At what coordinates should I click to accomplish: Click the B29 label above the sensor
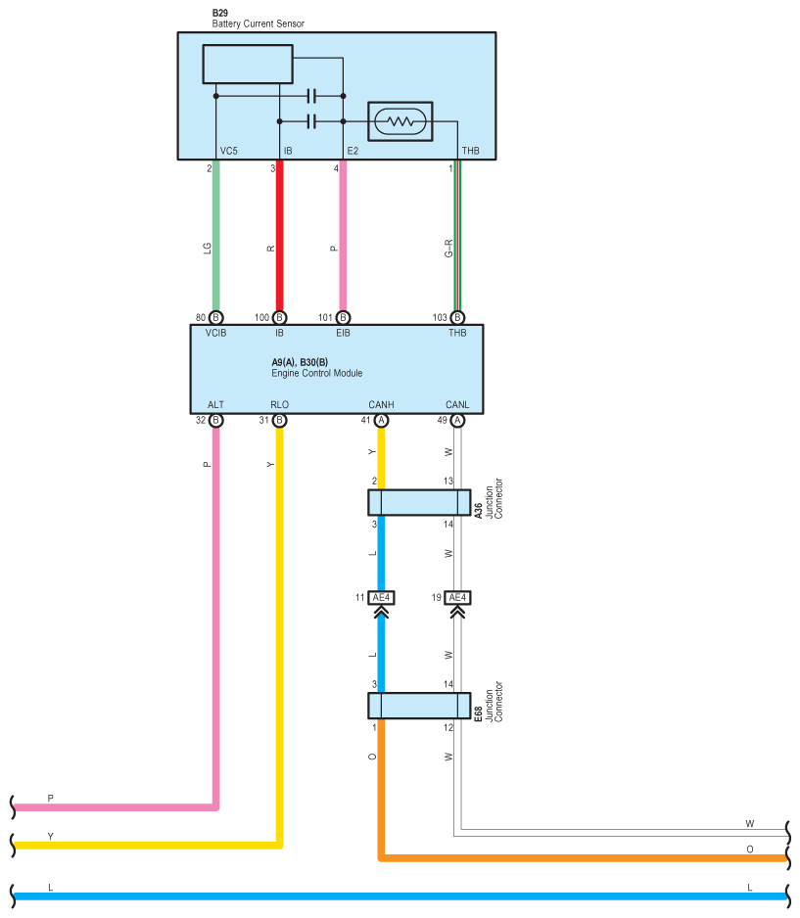220,13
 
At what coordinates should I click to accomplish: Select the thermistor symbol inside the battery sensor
400,121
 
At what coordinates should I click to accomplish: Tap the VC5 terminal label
229,151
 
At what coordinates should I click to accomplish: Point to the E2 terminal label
353,151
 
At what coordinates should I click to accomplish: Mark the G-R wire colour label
448,249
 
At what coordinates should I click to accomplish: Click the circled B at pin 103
457,317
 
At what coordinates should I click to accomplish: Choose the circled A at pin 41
381,421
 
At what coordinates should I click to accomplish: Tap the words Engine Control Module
317,373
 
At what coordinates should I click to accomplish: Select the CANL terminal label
457,404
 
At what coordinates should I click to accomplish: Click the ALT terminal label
216,404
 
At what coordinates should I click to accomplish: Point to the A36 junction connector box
419,502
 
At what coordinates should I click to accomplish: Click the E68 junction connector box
419,706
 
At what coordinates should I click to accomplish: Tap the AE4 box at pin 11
381,597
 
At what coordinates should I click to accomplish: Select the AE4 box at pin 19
457,597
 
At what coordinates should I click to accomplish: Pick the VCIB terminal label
216,333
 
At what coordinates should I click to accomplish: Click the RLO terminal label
280,404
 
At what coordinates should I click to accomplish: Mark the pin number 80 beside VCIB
201,317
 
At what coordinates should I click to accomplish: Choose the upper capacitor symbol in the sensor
311,96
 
